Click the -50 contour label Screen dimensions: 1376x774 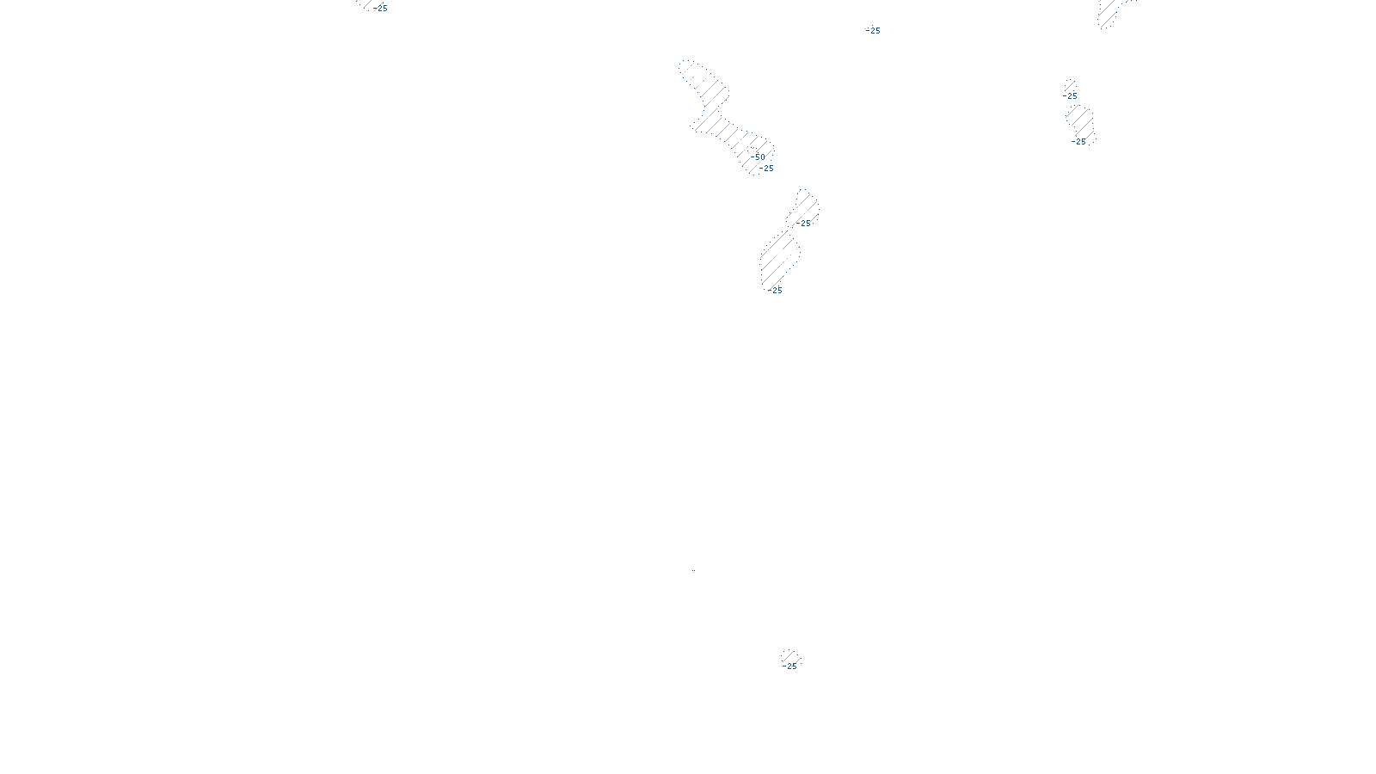pos(759,157)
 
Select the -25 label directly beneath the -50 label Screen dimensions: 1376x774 pos(767,169)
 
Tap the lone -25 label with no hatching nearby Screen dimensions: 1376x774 pos(874,31)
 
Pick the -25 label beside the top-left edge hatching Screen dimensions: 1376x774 pos(381,9)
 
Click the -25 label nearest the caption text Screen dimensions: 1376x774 pos(790,666)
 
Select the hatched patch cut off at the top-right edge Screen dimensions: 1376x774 pos(1109,12)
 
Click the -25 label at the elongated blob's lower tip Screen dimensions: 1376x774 pos(776,291)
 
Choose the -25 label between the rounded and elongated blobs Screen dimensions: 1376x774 pos(804,224)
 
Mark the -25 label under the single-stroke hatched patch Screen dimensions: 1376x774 pos(1071,96)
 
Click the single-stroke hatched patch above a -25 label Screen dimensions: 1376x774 pos(1070,85)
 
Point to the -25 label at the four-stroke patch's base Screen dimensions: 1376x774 pos(1078,142)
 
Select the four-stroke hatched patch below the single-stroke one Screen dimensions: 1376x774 pos(1079,122)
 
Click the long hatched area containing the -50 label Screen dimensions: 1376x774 pos(727,116)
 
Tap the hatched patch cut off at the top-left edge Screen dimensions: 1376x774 pos(366,4)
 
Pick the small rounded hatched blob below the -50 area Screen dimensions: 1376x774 pos(805,206)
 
